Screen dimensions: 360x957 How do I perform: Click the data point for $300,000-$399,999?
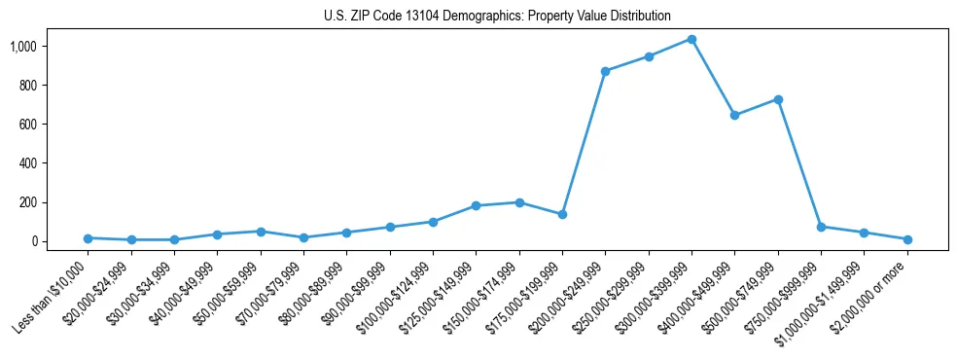(691, 39)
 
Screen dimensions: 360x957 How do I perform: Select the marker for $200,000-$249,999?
(605, 71)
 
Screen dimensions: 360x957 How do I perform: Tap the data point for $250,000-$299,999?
(649, 56)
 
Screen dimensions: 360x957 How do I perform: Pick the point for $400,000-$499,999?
(734, 115)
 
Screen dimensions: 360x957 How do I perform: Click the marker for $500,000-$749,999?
(778, 99)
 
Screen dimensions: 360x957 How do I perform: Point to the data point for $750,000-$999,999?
(821, 227)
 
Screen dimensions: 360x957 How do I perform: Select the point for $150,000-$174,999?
(519, 202)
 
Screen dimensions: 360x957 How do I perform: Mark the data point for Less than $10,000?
(88, 238)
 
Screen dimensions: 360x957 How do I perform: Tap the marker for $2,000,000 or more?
(907, 239)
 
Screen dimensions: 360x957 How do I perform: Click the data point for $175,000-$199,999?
(562, 214)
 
